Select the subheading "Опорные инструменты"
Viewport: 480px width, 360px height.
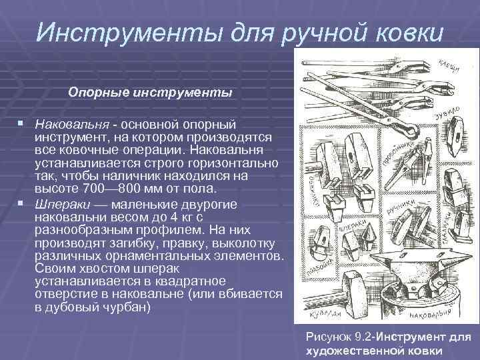click(x=150, y=93)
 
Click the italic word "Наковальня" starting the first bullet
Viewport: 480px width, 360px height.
click(x=72, y=125)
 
